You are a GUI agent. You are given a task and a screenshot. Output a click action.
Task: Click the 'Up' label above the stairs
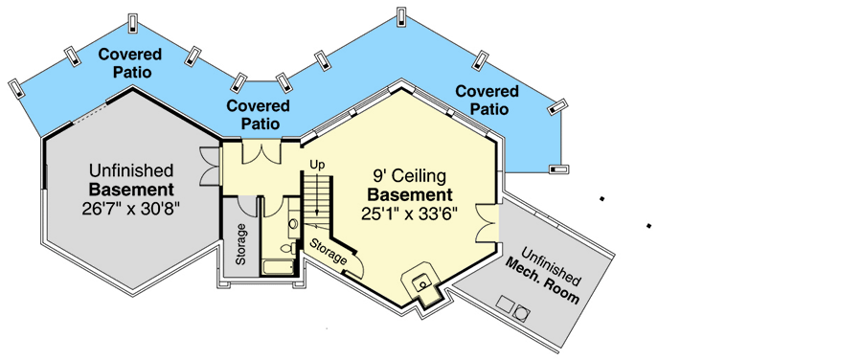(318, 166)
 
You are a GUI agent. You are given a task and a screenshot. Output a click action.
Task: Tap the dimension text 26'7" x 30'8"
(131, 207)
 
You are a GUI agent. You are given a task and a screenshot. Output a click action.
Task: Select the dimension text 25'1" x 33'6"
(410, 214)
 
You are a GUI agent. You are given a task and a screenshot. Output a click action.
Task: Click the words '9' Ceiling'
(410, 176)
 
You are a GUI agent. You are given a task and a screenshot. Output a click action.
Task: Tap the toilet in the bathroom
(287, 248)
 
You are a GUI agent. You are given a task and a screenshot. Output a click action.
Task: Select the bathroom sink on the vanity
(293, 225)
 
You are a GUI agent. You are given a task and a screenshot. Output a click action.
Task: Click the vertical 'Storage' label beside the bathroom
(242, 244)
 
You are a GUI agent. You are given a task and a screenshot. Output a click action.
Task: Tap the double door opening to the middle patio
(260, 150)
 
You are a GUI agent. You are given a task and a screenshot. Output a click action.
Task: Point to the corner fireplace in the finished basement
(421, 283)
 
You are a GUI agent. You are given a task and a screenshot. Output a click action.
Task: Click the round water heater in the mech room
(521, 312)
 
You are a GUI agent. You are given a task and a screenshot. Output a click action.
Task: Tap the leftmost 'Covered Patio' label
(130, 62)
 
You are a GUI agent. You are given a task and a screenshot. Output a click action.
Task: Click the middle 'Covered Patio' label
(260, 115)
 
